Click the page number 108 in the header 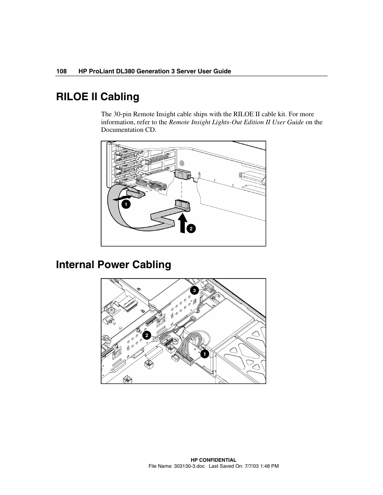pyautogui.click(x=61, y=71)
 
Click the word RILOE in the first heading pyautogui.click(x=72, y=97)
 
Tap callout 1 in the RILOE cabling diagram pyautogui.click(x=126, y=204)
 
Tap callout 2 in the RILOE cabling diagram pyautogui.click(x=191, y=228)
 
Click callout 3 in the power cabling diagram pyautogui.click(x=194, y=291)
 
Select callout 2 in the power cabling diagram pyautogui.click(x=147, y=335)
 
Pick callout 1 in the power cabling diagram pyautogui.click(x=205, y=354)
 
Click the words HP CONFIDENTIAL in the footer pyautogui.click(x=213, y=460)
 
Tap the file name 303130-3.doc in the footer pyautogui.click(x=189, y=466)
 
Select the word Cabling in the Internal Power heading pyautogui.click(x=152, y=265)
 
